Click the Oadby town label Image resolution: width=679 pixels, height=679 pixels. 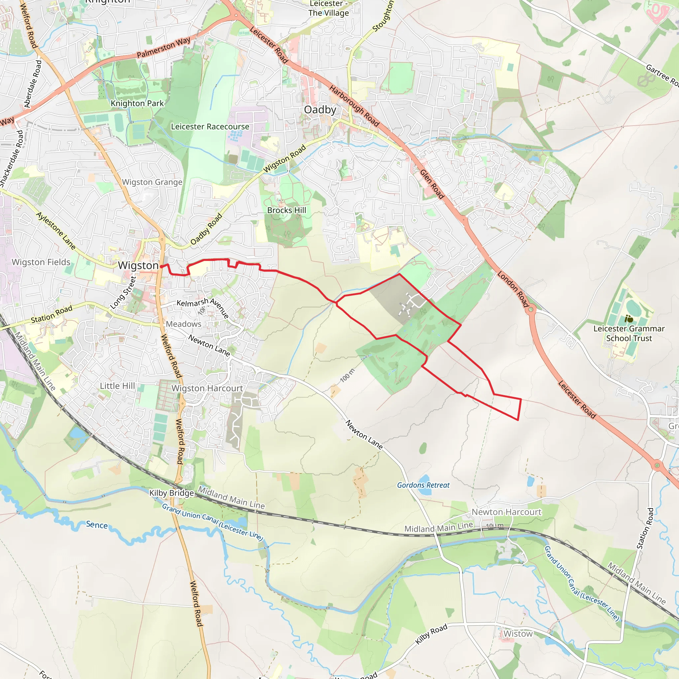pyautogui.click(x=320, y=110)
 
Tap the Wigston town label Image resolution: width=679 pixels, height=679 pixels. pyautogui.click(x=138, y=265)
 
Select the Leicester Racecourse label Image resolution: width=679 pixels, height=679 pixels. pyautogui.click(x=210, y=127)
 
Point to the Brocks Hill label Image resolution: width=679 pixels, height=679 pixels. pyautogui.click(x=286, y=210)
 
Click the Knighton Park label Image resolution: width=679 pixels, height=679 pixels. pyautogui.click(x=137, y=103)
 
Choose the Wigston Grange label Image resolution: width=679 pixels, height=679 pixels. pyautogui.click(x=152, y=182)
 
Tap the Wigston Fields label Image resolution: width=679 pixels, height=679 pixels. pyautogui.click(x=41, y=262)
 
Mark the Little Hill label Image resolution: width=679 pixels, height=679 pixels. pyautogui.click(x=117, y=386)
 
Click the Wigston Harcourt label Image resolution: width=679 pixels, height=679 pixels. pyautogui.click(x=207, y=388)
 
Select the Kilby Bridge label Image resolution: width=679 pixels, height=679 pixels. pyautogui.click(x=171, y=493)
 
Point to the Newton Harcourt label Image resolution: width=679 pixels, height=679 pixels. pyautogui.click(x=507, y=512)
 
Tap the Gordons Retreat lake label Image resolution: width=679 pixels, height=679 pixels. pyautogui.click(x=423, y=485)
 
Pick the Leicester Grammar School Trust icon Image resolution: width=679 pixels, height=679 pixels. pyautogui.click(x=629, y=320)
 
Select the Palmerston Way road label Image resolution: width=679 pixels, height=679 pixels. pyautogui.click(x=163, y=47)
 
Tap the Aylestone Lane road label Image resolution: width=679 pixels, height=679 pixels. pyautogui.click(x=56, y=231)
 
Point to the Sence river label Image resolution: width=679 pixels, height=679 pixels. pyautogui.click(x=97, y=525)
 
